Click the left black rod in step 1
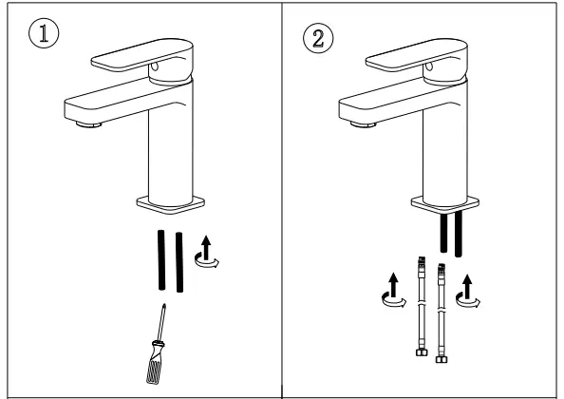pos(161,257)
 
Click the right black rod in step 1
pos(179,258)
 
